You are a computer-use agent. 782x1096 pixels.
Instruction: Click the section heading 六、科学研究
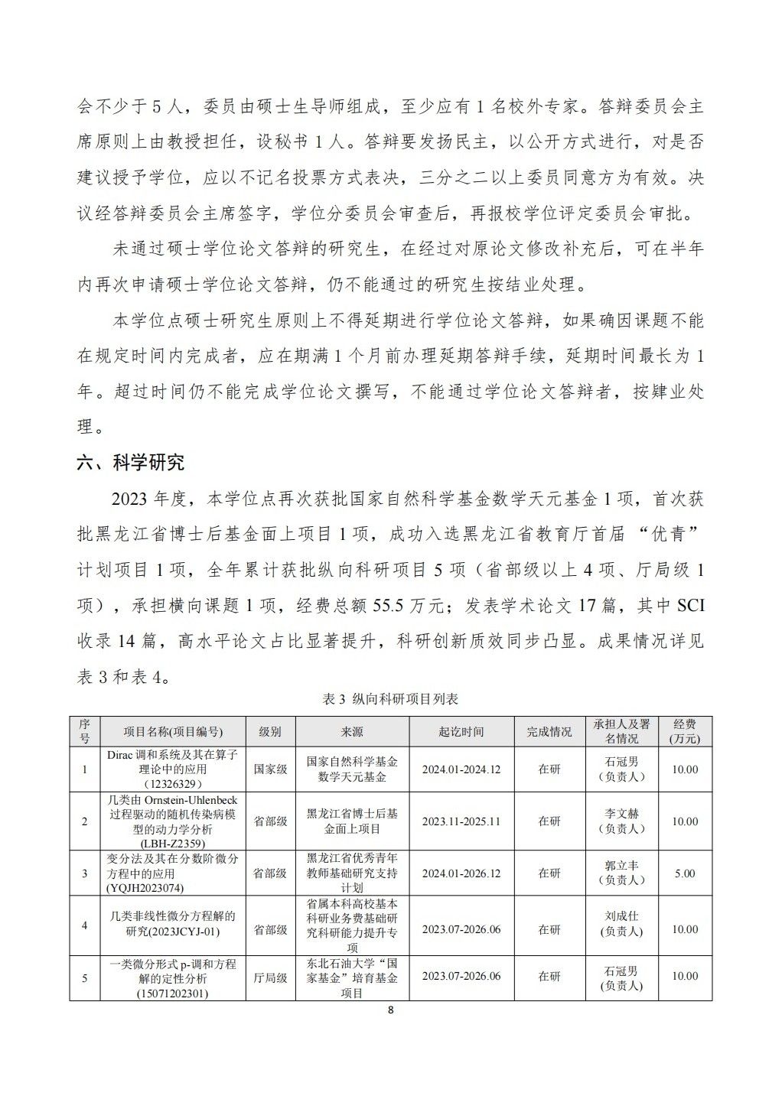point(130,463)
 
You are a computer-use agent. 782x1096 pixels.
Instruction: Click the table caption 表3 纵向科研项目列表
point(391,699)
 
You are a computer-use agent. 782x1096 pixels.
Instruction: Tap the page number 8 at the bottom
point(391,1010)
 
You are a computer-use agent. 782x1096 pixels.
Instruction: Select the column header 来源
point(352,732)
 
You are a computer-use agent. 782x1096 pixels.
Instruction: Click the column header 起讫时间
point(461,732)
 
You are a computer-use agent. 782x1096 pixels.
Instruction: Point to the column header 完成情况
point(549,732)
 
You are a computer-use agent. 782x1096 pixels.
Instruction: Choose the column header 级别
point(270,732)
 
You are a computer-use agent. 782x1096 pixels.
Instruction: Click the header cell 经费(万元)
point(684,732)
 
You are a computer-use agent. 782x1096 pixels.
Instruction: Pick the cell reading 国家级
point(270,769)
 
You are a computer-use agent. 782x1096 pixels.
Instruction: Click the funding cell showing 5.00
point(684,873)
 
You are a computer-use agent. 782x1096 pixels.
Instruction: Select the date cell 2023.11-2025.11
point(461,821)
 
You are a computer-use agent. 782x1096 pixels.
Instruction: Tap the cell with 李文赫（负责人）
point(621,821)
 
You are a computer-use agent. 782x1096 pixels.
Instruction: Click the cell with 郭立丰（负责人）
point(621,873)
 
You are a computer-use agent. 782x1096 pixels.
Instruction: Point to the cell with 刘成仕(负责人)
point(621,925)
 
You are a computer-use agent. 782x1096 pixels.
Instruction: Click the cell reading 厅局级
point(270,977)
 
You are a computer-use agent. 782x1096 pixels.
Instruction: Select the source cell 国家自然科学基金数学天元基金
point(352,769)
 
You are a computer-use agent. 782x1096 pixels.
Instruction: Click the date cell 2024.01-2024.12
point(461,769)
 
